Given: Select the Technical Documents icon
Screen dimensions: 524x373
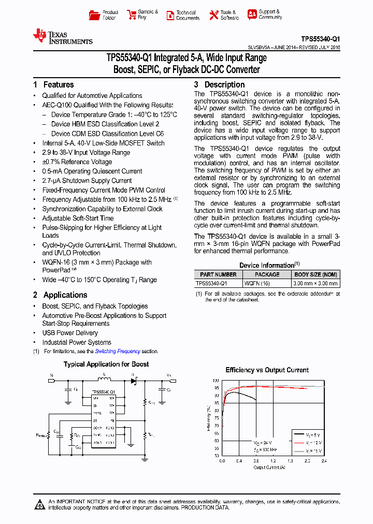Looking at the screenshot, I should pos(170,15).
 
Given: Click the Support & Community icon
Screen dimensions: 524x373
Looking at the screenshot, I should pos(252,14).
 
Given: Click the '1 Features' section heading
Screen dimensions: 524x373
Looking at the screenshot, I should pos(53,84).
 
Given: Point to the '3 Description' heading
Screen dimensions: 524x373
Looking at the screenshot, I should pos(219,84).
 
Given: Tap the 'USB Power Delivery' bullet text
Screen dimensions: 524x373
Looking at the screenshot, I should pos(70,333).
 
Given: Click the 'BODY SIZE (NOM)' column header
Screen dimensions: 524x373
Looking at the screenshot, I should pos(315,274).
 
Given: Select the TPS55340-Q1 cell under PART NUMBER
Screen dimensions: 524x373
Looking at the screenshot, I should pos(211,283).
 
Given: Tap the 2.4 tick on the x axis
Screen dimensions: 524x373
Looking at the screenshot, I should pos(324,460).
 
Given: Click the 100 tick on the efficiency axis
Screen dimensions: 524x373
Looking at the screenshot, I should pos(216,380).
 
